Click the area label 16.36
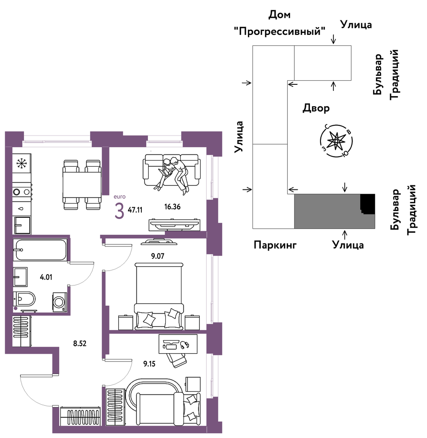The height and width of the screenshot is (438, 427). tap(172, 207)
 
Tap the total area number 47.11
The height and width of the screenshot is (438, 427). tap(135, 210)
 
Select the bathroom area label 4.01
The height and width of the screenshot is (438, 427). tap(46, 277)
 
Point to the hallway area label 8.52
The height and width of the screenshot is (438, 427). tap(80, 344)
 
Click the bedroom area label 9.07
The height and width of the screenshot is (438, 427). tap(158, 255)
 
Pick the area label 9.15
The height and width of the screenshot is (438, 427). tap(149, 364)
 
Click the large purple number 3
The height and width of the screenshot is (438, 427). tap(119, 211)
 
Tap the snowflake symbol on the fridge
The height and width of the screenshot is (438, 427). tap(20, 163)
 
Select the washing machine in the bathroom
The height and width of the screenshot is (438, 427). tap(60, 302)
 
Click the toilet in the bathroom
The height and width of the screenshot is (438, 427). tap(24, 298)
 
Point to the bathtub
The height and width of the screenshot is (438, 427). tap(40, 249)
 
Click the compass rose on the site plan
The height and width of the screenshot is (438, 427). tap(336, 141)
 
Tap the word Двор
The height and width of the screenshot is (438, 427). tap(316, 108)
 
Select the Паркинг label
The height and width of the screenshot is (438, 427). tap(275, 245)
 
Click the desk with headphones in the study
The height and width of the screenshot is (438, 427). tap(178, 345)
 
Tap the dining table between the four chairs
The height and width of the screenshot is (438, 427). tap(82, 185)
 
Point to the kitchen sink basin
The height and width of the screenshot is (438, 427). tap(22, 225)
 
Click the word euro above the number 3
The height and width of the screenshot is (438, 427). tap(120, 197)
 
